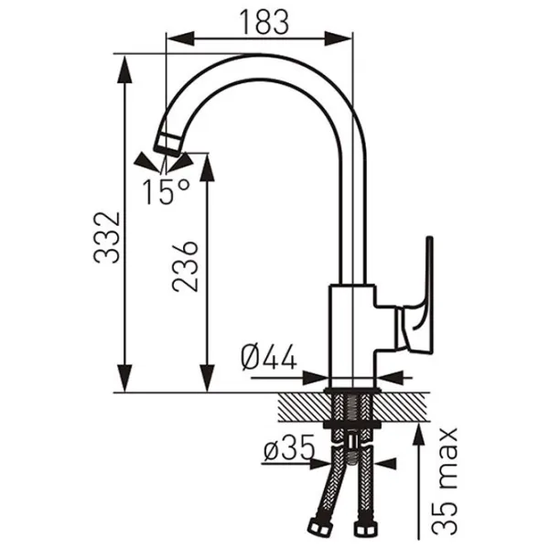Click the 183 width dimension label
(264, 22)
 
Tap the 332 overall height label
(107, 237)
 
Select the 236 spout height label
(185, 266)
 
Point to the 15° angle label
(166, 191)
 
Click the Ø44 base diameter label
(269, 357)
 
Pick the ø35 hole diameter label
(289, 448)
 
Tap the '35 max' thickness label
(445, 481)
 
